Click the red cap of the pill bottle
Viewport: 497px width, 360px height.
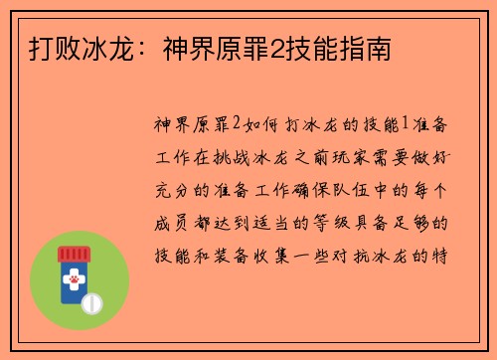74,255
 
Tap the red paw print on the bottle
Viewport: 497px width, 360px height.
74,281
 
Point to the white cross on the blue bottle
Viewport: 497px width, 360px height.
74,269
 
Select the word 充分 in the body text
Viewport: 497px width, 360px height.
167,188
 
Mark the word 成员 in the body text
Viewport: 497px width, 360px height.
167,220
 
